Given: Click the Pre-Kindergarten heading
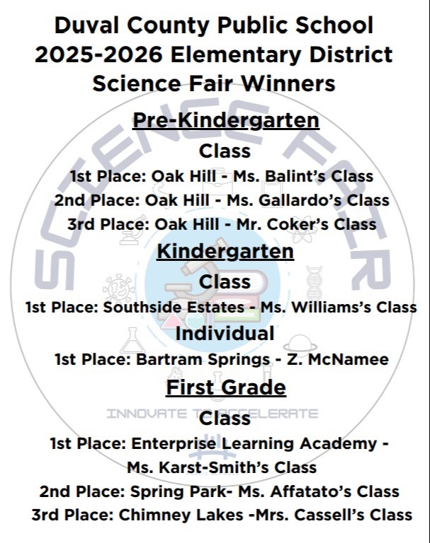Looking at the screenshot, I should pos(226,120).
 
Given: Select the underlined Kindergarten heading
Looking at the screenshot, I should pos(225,251).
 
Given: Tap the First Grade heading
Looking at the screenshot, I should pos(226,387).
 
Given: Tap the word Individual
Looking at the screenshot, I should pos(225,333).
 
